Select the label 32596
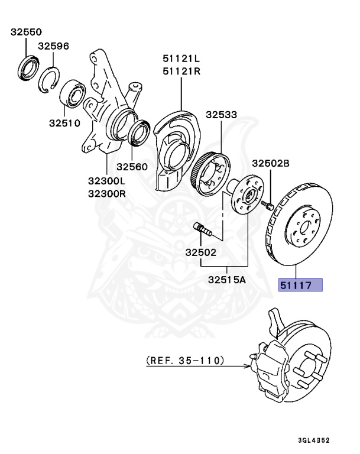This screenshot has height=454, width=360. click(x=54, y=46)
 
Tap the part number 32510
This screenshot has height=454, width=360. click(x=64, y=124)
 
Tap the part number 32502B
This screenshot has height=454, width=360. click(x=271, y=163)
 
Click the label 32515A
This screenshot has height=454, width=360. click(x=226, y=281)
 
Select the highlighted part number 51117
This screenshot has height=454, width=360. click(x=300, y=286)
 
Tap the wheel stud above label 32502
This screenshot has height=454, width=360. click(x=203, y=229)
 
